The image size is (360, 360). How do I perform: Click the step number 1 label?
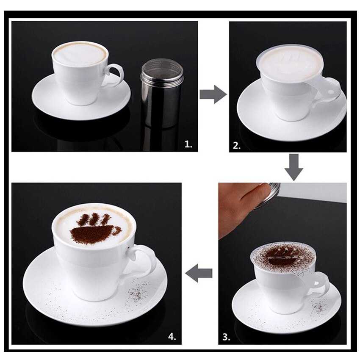click(x=188, y=144)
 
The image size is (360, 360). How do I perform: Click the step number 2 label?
click(x=237, y=146)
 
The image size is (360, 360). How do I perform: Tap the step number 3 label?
click(x=226, y=337)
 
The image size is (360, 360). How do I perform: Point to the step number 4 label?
click(x=172, y=337)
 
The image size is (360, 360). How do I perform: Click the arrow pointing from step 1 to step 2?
click(x=213, y=94)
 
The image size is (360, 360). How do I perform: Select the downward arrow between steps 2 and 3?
click(x=294, y=167)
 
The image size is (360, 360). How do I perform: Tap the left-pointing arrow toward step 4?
click(x=199, y=273)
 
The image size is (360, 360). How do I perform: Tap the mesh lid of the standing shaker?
click(x=162, y=70)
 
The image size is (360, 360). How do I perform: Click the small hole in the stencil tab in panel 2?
click(x=331, y=92)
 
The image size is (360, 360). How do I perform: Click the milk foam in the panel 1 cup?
click(x=80, y=54)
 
